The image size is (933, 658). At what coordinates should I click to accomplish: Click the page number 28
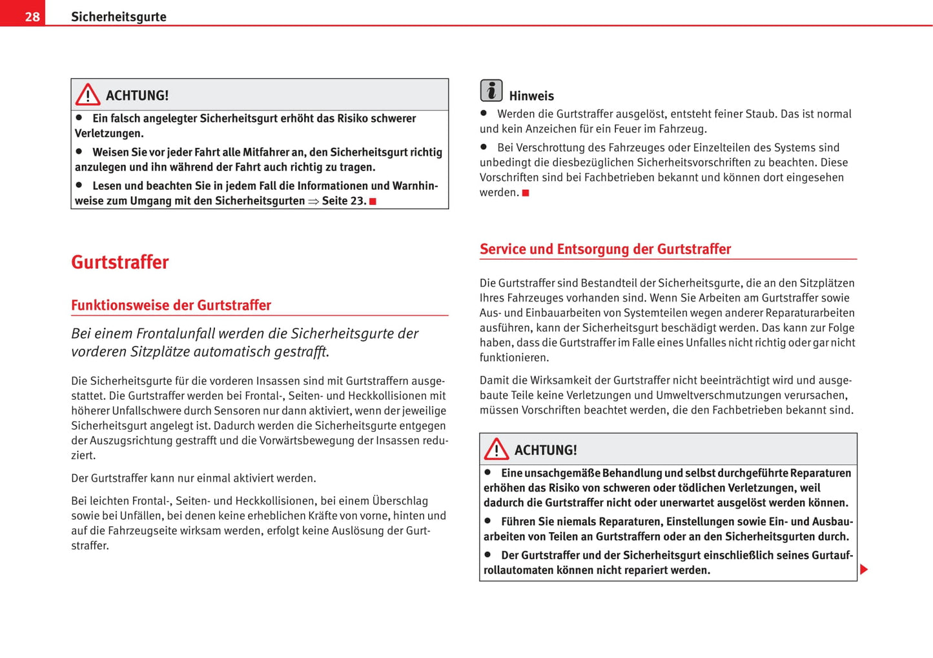tap(32, 17)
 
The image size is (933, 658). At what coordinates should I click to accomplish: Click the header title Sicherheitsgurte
tap(118, 17)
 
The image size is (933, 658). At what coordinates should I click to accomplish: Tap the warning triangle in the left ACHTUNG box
tap(88, 95)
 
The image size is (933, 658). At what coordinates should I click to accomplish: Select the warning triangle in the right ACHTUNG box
tap(497, 449)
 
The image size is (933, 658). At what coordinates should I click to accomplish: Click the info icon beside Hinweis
tap(491, 90)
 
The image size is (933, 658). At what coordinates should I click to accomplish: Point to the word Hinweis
tap(531, 96)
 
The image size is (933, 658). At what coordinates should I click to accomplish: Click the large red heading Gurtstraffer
tap(119, 262)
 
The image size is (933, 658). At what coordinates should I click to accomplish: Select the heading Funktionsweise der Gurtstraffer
tap(170, 305)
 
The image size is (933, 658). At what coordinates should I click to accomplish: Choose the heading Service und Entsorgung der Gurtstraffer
tap(605, 249)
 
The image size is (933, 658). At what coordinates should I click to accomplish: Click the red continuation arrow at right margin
tap(864, 570)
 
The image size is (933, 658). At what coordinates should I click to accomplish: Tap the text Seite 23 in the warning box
tap(343, 201)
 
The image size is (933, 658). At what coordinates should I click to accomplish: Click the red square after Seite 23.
tap(373, 201)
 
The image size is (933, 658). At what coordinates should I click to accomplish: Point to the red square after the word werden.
tap(526, 193)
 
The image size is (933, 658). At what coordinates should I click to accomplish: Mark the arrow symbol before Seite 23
tap(313, 201)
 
